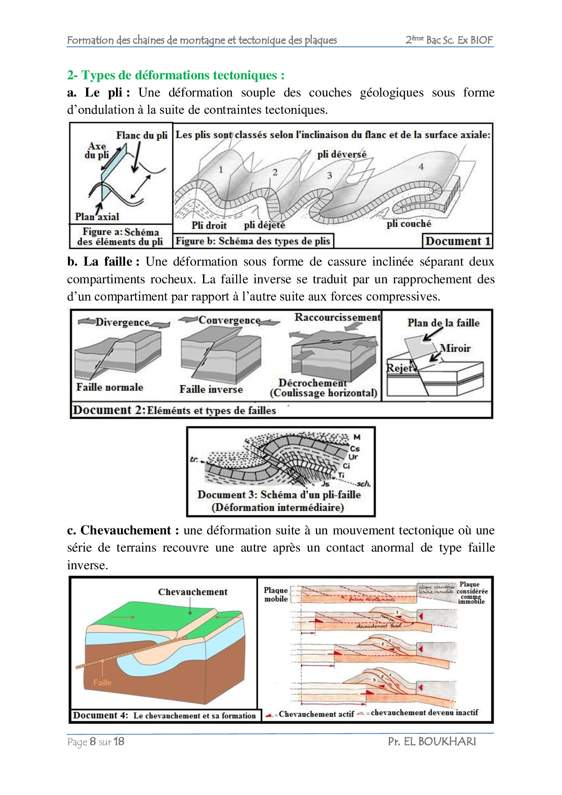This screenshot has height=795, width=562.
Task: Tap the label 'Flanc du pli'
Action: coord(141,135)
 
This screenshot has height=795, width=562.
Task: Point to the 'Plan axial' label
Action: coord(97,217)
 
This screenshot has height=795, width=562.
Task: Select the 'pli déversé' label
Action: coord(342,155)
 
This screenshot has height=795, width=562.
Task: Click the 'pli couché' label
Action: coord(409,223)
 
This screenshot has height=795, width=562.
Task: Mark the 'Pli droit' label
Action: coord(209,225)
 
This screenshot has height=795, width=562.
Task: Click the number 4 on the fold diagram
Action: coord(421,167)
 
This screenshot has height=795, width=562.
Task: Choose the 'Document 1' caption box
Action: coord(458,241)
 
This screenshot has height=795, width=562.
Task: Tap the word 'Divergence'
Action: coord(122,322)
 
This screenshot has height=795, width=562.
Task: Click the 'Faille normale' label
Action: coord(110,387)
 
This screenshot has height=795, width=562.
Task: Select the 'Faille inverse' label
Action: coord(211,389)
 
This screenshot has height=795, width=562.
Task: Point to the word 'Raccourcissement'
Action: coord(338,317)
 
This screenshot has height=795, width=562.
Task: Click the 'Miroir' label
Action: coord(455,348)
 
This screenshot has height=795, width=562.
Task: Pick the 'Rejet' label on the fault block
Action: coord(399,368)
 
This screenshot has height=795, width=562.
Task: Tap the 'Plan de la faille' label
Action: coord(443,323)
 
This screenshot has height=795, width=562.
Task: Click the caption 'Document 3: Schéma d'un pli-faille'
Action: coord(279,494)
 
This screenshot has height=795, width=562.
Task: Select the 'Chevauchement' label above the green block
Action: coord(193,592)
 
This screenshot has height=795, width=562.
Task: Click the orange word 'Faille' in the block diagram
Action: coord(102,683)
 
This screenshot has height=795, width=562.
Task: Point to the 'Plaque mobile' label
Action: coord(276,594)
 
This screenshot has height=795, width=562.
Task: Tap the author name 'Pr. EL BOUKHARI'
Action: coord(432,742)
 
